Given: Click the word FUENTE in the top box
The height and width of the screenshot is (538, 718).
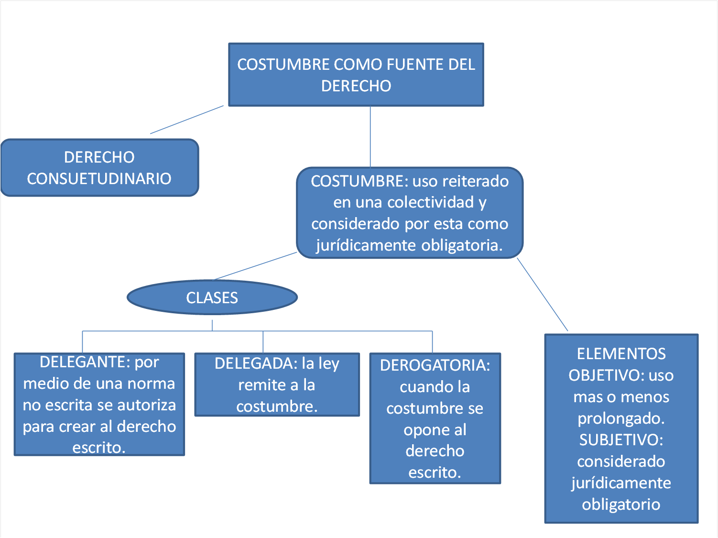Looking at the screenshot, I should point(414,65).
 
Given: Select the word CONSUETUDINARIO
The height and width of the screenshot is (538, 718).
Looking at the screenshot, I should point(99,178).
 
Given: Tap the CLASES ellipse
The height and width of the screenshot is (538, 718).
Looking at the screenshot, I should point(212,297).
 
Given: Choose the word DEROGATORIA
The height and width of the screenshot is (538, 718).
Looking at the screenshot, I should point(435,365).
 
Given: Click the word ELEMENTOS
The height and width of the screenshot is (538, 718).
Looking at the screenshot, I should point(621,354).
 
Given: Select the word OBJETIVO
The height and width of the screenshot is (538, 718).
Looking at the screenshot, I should point(606,375).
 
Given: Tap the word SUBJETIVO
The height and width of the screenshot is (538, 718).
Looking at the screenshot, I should point(620,440).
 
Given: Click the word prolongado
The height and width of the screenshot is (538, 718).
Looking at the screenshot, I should point(621,418).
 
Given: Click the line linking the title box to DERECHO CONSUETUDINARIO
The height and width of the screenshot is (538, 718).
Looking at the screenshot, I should point(186,120).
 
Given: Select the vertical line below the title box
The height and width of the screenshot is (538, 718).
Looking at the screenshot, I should point(370,136).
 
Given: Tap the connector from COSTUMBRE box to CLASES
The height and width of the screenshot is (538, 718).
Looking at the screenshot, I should point(256,266).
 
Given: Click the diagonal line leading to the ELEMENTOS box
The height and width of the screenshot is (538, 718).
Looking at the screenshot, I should point(543,295).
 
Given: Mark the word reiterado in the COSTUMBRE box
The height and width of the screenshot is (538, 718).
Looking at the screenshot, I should point(476,181).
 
